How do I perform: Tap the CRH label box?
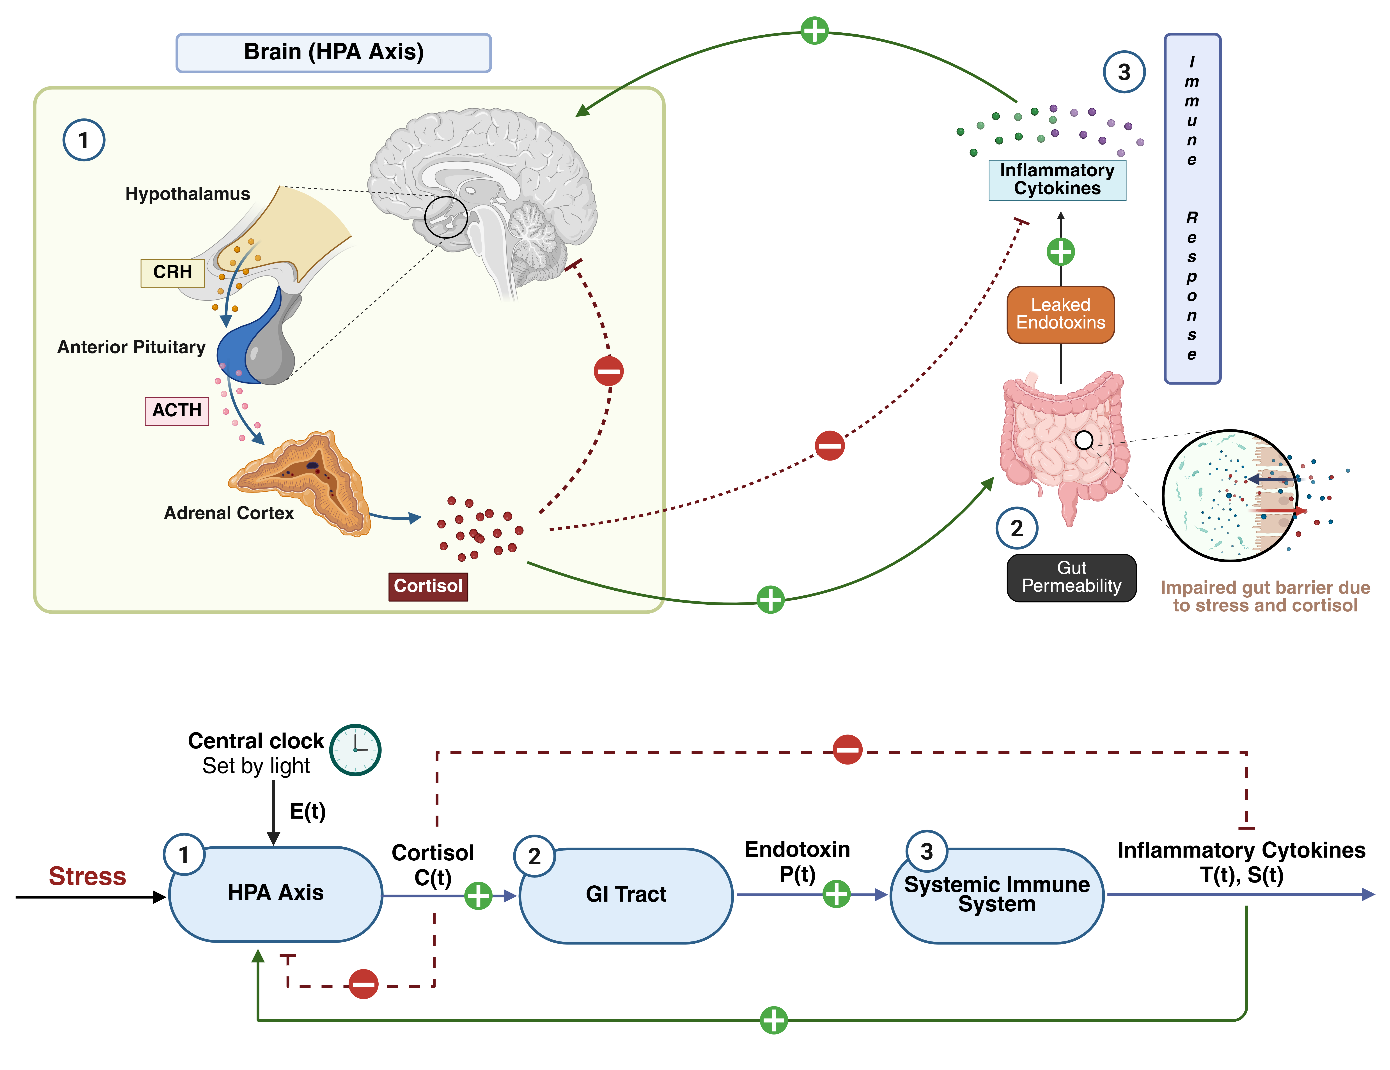click(x=172, y=272)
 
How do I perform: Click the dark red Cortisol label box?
click(x=428, y=586)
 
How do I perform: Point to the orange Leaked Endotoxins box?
click(x=1060, y=314)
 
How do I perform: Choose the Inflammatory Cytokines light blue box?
click(x=1057, y=180)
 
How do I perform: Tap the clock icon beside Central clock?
click(x=355, y=750)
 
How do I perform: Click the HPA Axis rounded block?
click(x=276, y=894)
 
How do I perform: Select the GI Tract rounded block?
click(x=626, y=895)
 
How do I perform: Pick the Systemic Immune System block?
click(x=997, y=895)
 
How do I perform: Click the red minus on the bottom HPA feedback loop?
click(x=363, y=984)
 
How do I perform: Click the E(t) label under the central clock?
click(x=308, y=811)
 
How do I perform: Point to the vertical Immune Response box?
click(x=1192, y=209)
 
